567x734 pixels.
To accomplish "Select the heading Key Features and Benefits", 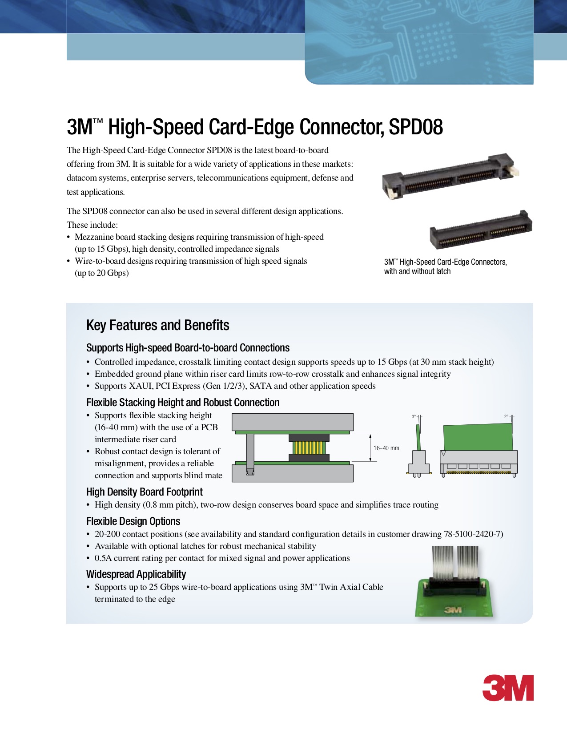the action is [x=158, y=325].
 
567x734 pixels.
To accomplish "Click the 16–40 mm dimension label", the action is [x=386, y=448].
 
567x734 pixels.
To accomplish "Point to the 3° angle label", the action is [x=414, y=416].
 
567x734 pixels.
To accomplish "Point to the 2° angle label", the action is [x=506, y=416].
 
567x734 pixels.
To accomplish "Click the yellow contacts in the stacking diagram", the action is [x=309, y=448].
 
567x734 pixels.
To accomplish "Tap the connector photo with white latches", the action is [x=450, y=176].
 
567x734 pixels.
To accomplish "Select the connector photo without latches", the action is [x=481, y=230].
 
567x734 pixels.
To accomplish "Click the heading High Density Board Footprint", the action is [x=145, y=492].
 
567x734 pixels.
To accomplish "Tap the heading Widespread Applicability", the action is [x=136, y=574].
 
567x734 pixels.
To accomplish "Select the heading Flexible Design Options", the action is [x=133, y=521].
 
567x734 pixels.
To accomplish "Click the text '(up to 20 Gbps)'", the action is [x=102, y=273].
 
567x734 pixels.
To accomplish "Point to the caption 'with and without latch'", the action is [x=417, y=271].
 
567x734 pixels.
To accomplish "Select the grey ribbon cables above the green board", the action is [x=455, y=562].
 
